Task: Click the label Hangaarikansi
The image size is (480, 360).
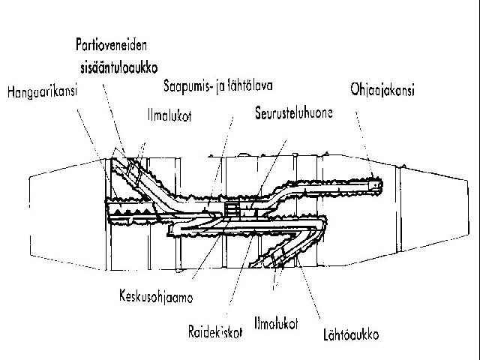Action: [42, 91]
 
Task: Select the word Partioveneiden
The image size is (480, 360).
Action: [112, 45]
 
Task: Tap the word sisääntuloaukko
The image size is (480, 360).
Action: [119, 67]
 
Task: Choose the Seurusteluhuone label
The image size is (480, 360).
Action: [294, 112]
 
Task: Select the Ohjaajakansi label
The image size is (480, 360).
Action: [382, 90]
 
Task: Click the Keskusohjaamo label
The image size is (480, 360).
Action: [156, 296]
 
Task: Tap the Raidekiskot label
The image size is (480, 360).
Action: [215, 331]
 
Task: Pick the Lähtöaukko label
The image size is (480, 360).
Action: [351, 334]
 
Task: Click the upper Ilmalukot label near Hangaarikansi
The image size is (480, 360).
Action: [169, 115]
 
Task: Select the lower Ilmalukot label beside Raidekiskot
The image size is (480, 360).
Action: [276, 323]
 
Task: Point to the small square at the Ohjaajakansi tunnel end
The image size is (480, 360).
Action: [375, 185]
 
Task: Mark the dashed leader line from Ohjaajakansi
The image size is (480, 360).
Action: [364, 145]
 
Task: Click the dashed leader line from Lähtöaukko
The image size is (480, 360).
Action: [308, 289]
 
